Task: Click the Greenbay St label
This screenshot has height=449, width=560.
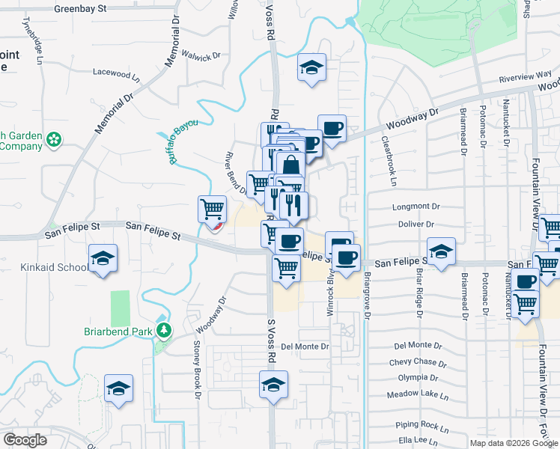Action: tap(82, 9)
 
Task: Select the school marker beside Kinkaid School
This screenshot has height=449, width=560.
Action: tap(103, 258)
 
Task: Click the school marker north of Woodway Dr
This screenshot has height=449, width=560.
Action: tap(311, 67)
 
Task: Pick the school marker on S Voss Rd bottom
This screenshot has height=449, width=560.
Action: tap(274, 386)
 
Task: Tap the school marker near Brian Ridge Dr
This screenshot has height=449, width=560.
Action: tap(441, 251)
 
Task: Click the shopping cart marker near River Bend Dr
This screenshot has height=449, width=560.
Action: tap(213, 208)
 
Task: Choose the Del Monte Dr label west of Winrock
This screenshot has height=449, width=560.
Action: tap(305, 346)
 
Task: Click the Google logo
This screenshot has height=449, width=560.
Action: tap(25, 439)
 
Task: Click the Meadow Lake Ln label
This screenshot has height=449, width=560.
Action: tap(417, 394)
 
